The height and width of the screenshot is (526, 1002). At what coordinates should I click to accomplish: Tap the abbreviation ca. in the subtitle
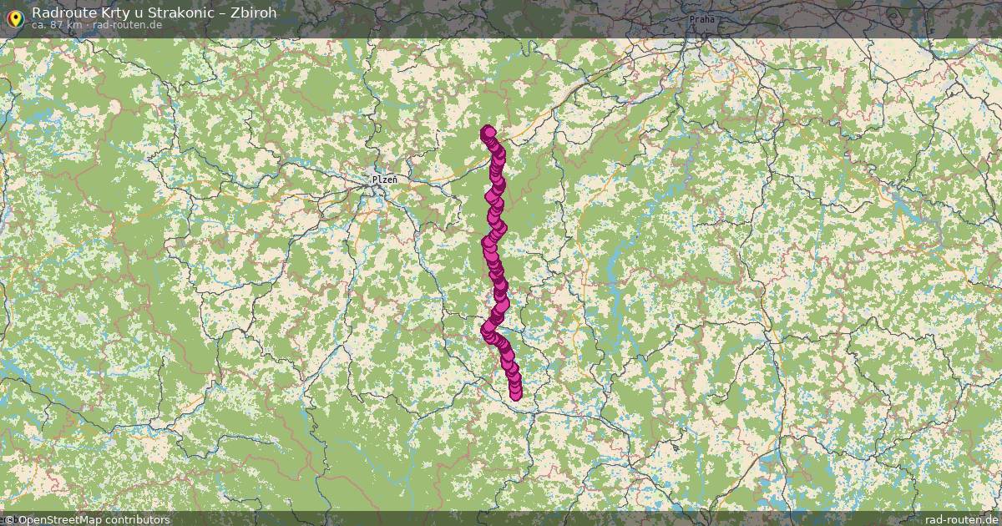coord(40,25)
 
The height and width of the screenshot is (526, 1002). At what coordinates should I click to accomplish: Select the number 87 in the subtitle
coord(58,25)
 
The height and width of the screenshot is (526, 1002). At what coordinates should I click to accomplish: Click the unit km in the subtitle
coord(75,25)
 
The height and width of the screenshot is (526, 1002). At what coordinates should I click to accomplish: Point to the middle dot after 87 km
coord(87,25)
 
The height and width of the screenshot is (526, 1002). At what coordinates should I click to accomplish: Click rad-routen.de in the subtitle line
coord(127,25)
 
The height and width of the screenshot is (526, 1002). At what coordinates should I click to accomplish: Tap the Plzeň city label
coord(384,179)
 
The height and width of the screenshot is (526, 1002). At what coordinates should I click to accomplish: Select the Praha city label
coord(702,18)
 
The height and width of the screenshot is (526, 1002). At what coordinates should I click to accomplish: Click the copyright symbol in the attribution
coord(10,519)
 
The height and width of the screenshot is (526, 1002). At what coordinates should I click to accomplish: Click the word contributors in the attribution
coord(139,519)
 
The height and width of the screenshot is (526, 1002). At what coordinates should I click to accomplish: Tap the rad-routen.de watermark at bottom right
coord(961,519)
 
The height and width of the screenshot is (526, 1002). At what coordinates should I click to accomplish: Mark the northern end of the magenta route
coord(488,132)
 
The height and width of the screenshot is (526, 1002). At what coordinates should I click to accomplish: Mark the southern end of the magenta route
coord(515,393)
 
